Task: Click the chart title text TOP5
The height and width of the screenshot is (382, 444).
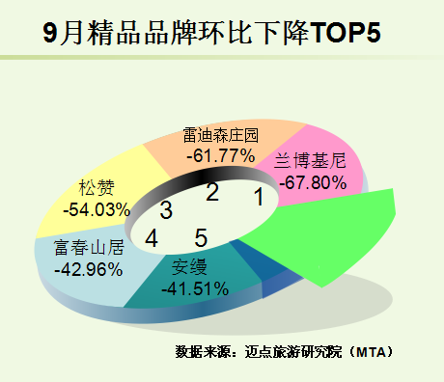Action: coord(346,32)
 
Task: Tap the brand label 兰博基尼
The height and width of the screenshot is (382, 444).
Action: coord(310,160)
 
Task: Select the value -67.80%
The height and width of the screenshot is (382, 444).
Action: coord(313,182)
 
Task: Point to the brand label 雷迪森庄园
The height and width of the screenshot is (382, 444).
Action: coord(221,135)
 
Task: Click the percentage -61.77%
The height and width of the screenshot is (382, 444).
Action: coord(221,156)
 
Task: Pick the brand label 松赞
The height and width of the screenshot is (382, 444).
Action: coord(97,188)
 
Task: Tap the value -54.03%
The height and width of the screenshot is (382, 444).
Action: coord(97,209)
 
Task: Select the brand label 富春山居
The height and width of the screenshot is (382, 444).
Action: coord(89,248)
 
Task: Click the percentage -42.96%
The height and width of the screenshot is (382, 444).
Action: coord(89,269)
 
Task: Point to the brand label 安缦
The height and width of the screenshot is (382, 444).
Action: coord(189,267)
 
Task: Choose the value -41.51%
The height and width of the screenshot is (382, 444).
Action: coord(195,288)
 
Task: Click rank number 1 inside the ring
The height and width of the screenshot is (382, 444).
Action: coord(259,197)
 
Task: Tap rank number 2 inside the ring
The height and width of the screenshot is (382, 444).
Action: coord(212,192)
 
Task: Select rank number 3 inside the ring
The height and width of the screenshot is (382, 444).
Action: coord(166,210)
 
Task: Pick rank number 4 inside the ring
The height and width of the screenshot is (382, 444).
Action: coord(152,238)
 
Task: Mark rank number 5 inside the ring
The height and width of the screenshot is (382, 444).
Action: coord(201,238)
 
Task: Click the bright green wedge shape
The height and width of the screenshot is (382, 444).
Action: coord(325,234)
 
